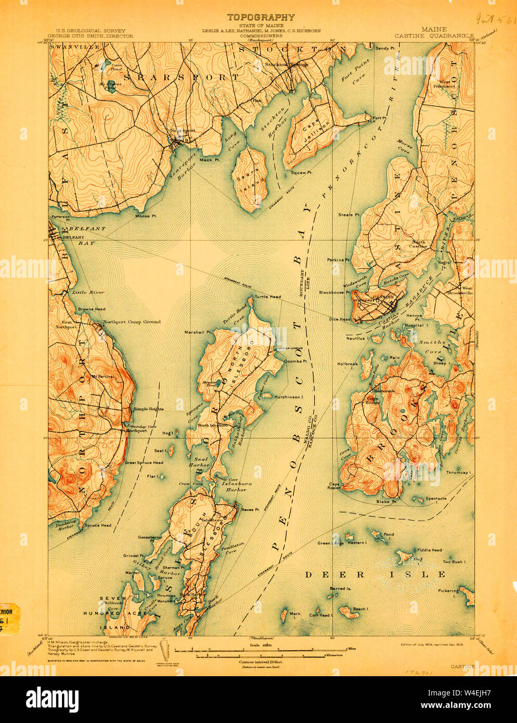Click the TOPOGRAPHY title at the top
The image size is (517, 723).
click(x=260, y=18)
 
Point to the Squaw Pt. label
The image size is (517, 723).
click(x=301, y=172)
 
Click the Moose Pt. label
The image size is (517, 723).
click(x=143, y=215)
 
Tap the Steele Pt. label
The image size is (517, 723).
click(x=349, y=214)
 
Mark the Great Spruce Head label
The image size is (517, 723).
click(x=144, y=462)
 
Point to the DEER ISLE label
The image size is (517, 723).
click(x=374, y=574)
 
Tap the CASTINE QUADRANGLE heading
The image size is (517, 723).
click(x=434, y=36)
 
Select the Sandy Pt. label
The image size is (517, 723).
click(x=385, y=48)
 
